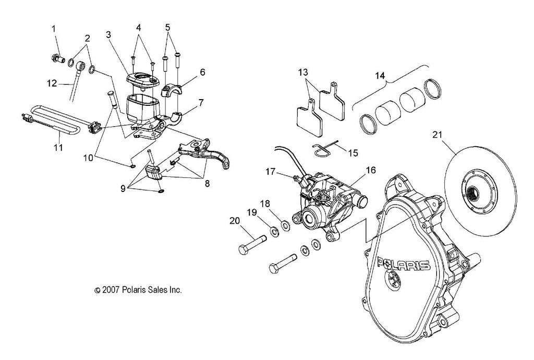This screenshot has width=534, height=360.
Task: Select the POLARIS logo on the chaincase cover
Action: [x=404, y=263]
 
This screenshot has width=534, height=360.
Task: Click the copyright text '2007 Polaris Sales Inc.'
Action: [x=138, y=290]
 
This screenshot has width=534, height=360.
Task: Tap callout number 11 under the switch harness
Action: [x=58, y=148]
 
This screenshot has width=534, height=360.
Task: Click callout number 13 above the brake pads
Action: [x=304, y=72]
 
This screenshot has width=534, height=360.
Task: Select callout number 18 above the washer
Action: [x=265, y=203]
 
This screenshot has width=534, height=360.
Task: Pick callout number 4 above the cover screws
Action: [x=139, y=27]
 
